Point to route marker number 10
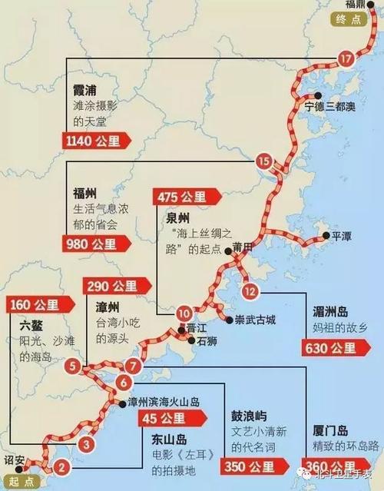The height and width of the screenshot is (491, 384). pos(183,313)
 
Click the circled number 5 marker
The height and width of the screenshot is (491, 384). pos(71,366)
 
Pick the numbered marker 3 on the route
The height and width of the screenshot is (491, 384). pos(88,443)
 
